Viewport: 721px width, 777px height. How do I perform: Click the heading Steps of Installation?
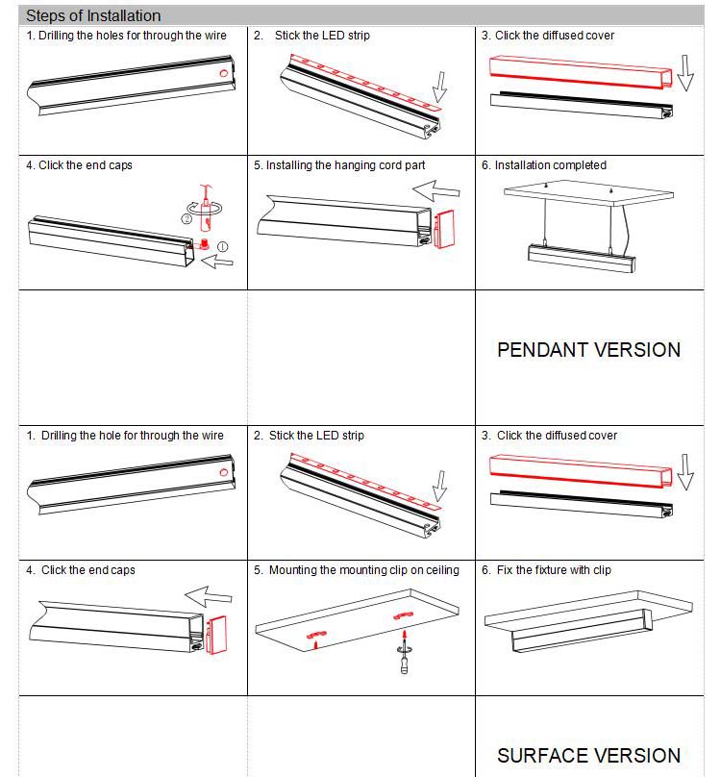point(93,16)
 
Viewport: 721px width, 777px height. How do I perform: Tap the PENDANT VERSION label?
point(588,350)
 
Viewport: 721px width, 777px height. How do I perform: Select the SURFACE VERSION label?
point(588,756)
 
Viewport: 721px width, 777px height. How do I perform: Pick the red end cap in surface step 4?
point(217,630)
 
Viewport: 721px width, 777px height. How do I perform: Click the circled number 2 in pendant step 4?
point(186,218)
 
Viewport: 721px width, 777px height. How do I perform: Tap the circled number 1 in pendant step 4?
point(224,246)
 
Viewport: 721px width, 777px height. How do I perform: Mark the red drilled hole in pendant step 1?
point(223,73)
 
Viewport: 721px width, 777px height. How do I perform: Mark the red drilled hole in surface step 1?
point(223,473)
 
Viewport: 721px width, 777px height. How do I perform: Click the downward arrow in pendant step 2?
point(440,86)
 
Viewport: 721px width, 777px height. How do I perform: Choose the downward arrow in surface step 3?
point(684,473)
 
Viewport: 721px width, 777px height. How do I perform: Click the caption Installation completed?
point(550,165)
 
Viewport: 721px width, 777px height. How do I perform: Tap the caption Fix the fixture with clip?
point(553,570)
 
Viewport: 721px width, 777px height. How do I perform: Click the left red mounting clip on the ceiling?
point(315,634)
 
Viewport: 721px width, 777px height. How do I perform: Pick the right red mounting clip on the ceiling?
point(401,611)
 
